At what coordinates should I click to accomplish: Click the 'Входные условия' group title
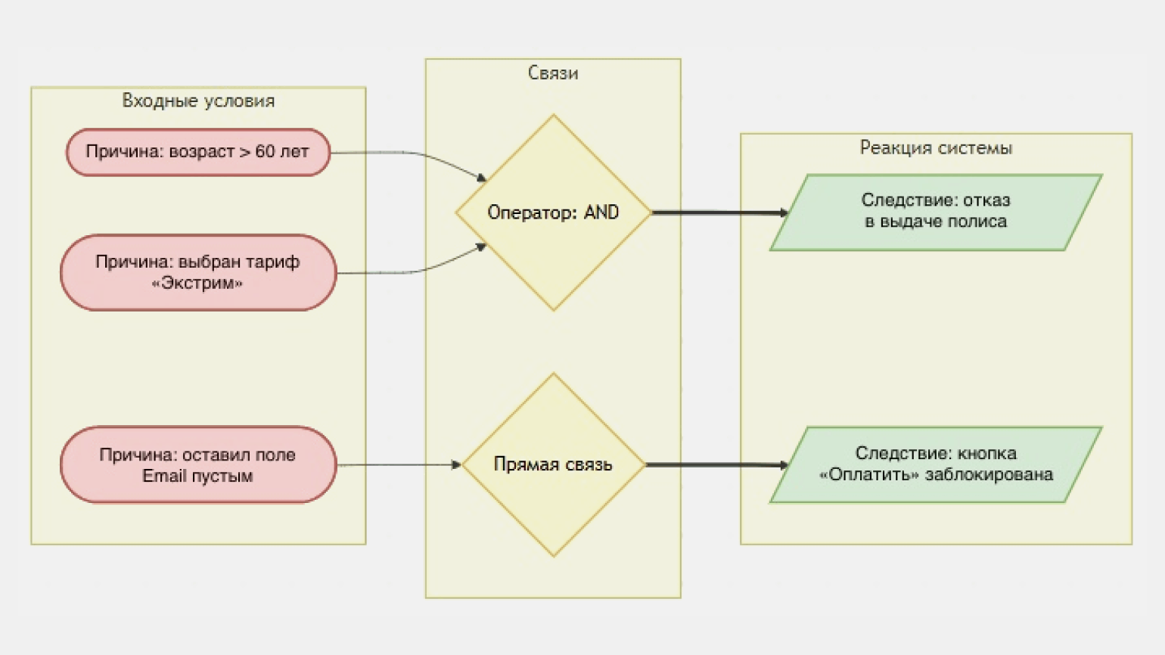[x=198, y=101]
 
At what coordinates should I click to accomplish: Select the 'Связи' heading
[x=553, y=73]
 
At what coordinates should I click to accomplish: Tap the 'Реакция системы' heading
[x=936, y=147]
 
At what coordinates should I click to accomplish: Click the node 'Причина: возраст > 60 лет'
[x=198, y=152]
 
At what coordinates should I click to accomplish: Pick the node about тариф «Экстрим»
[x=198, y=272]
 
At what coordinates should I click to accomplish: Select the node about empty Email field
[x=198, y=464]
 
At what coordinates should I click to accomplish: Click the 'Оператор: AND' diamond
[x=553, y=213]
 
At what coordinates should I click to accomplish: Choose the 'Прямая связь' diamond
[x=553, y=464]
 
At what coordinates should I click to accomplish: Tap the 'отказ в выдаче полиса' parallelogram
[x=936, y=212]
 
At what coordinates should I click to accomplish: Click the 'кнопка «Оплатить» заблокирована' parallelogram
[x=936, y=464]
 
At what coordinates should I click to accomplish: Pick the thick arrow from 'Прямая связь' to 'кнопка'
[x=715, y=464]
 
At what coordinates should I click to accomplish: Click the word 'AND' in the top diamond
[x=601, y=213]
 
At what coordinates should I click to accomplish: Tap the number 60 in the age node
[x=265, y=151]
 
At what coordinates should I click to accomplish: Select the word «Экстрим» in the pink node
[x=197, y=284]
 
